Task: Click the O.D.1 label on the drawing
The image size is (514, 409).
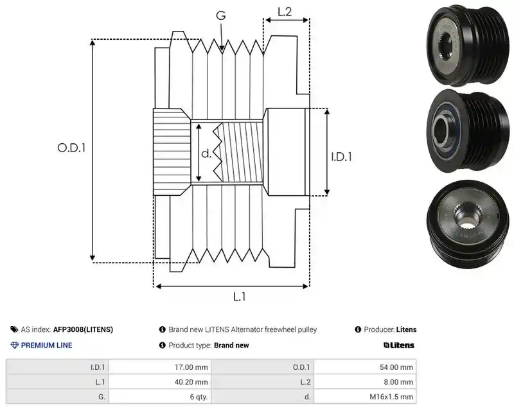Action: click(x=71, y=148)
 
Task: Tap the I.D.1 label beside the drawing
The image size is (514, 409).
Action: click(x=341, y=157)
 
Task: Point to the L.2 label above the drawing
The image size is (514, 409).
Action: click(x=285, y=12)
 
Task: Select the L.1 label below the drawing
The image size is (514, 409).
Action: click(x=239, y=297)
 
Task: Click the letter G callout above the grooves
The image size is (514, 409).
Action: click(x=221, y=15)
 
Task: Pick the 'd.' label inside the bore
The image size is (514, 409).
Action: click(x=206, y=153)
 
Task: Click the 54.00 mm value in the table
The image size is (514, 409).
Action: click(x=396, y=367)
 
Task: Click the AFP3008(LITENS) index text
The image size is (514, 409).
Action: click(x=83, y=329)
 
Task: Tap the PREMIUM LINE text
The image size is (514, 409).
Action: click(x=46, y=345)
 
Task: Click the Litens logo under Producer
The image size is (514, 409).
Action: click(x=398, y=345)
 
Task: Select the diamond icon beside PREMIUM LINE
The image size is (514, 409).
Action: click(x=15, y=345)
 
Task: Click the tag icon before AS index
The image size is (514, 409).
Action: click(x=14, y=329)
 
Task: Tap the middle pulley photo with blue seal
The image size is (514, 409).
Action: click(x=468, y=131)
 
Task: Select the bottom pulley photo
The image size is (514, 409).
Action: click(x=468, y=224)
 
